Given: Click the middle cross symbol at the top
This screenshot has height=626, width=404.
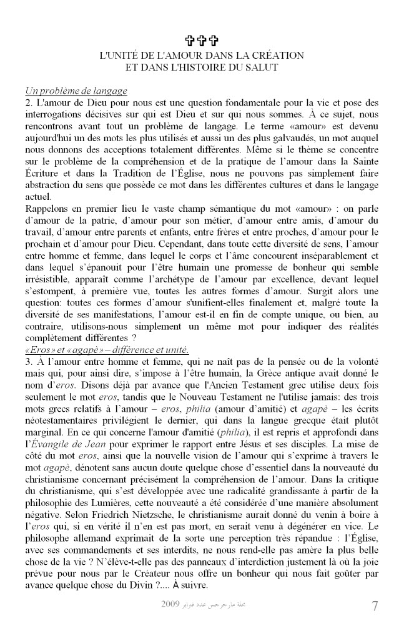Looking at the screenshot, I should click(x=201, y=42).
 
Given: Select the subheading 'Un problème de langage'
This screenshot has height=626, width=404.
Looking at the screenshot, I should click(x=76, y=91).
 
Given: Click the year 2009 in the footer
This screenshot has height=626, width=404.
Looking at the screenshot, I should click(x=170, y=605).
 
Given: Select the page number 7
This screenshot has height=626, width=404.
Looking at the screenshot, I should click(x=374, y=606).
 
